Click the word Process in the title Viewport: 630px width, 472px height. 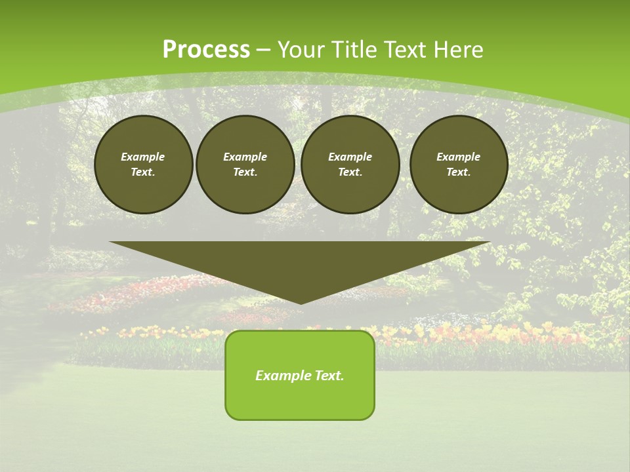point(206,50)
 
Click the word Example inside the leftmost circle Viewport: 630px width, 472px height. point(143,157)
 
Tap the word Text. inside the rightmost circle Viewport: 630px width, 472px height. point(459,172)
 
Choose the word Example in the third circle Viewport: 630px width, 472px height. point(350,157)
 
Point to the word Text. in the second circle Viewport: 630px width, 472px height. point(245,172)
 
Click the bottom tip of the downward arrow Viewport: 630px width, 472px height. point(301,302)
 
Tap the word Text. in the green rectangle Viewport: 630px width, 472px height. point(329,376)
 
